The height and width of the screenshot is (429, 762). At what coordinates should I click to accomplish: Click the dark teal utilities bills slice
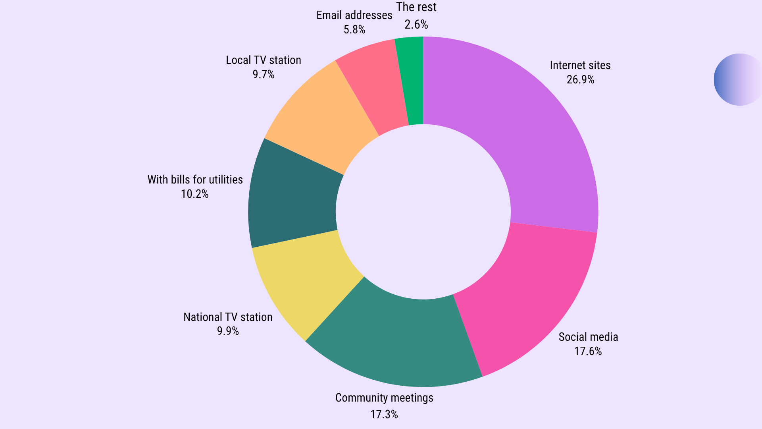[294, 199]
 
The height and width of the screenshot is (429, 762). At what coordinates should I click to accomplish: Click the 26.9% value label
[580, 80]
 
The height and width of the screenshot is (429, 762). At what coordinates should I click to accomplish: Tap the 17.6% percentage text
[588, 352]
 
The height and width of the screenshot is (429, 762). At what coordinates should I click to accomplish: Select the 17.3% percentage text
[384, 415]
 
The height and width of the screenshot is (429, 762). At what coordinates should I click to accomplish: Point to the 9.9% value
[228, 331]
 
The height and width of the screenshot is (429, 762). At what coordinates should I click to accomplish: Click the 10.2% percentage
[194, 194]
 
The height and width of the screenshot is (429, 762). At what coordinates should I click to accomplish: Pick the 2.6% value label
[416, 25]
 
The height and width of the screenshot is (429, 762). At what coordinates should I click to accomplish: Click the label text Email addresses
[354, 15]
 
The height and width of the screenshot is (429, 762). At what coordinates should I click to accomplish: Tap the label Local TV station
[264, 60]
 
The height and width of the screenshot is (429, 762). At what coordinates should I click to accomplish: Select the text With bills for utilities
[195, 180]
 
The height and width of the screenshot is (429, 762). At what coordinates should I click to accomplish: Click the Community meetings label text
[384, 398]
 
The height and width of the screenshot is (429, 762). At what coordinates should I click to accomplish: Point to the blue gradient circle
[738, 79]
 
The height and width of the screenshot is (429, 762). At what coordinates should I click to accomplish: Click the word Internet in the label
[566, 66]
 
